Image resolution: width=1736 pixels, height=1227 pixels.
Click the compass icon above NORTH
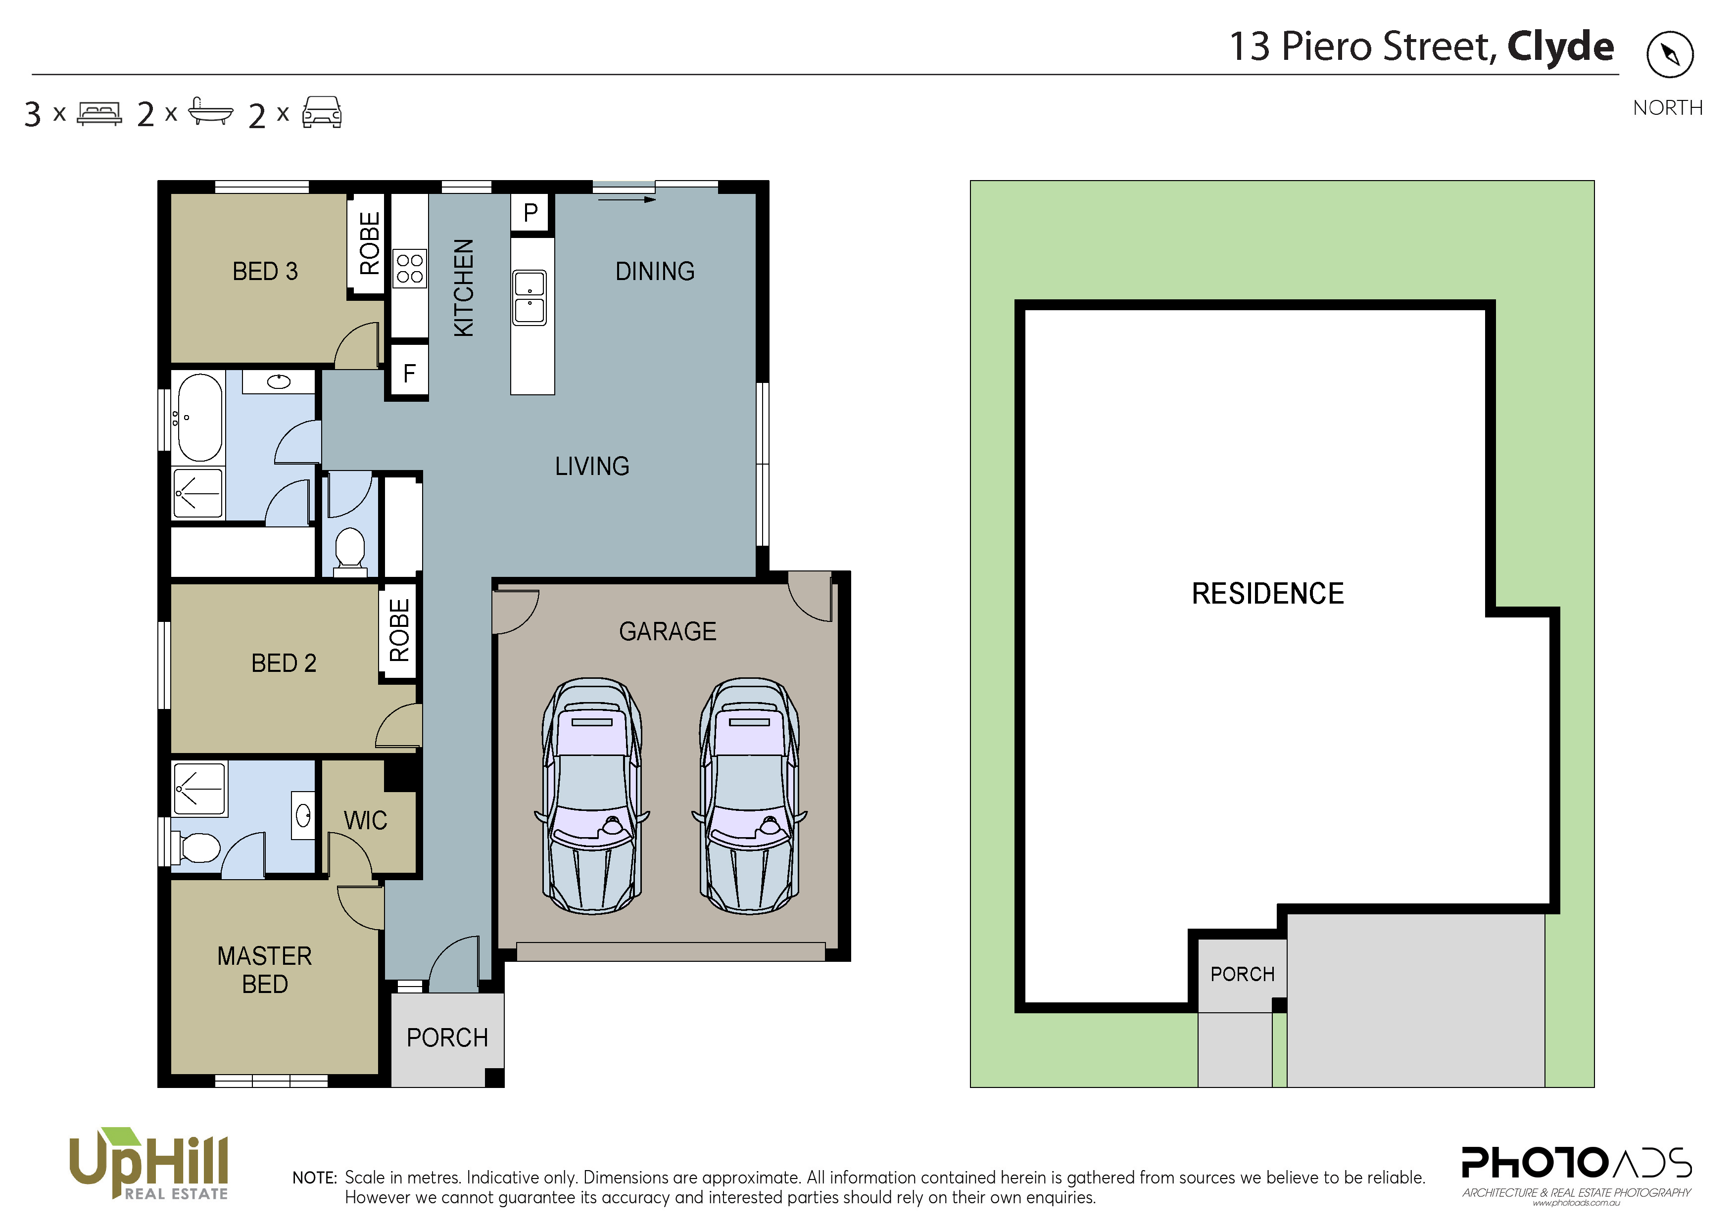1670,54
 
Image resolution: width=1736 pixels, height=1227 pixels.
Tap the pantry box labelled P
531,212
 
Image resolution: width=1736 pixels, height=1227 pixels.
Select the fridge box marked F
408,372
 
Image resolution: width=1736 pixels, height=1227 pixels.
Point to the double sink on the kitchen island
530,297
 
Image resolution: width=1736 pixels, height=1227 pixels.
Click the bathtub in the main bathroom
198,417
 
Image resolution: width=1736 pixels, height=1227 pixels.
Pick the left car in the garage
592,796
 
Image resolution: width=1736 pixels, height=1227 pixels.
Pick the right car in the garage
749,796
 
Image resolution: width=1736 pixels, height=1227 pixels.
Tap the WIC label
365,820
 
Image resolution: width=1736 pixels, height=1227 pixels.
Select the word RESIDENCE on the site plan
1268,594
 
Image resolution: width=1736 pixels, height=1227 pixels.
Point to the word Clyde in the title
1561,47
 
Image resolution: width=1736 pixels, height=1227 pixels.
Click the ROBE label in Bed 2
398,630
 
